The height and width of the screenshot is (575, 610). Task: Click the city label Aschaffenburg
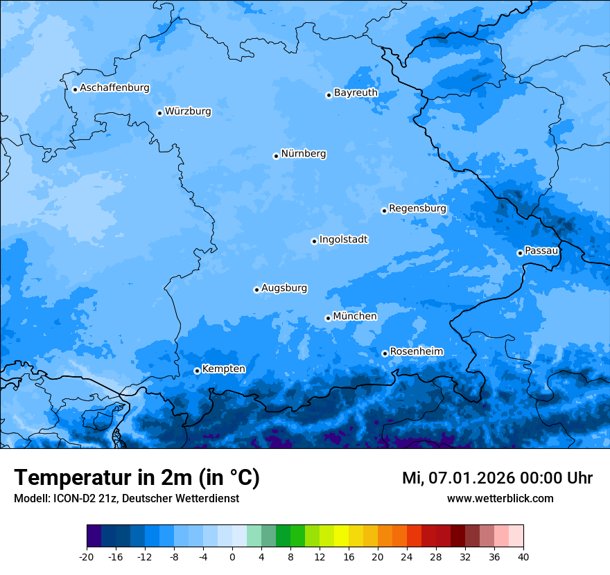pyautogui.click(x=114, y=88)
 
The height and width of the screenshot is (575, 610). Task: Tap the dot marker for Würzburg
pyautogui.click(x=159, y=113)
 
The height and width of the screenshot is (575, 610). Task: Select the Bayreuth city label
pyautogui.click(x=356, y=93)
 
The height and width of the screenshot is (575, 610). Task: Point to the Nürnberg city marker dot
pyautogui.click(x=276, y=156)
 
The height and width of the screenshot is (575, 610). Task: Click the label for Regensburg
pyautogui.click(x=417, y=209)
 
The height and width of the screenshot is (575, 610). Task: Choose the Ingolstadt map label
pyautogui.click(x=343, y=240)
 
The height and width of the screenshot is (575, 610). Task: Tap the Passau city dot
pyautogui.click(x=520, y=253)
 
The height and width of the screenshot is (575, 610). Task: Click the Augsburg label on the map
pyautogui.click(x=284, y=288)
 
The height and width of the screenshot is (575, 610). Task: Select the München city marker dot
pyautogui.click(x=328, y=318)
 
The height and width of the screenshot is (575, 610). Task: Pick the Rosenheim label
pyautogui.click(x=416, y=352)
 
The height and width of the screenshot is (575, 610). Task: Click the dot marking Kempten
pyautogui.click(x=197, y=371)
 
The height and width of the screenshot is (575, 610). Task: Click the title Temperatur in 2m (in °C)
pyautogui.click(x=137, y=477)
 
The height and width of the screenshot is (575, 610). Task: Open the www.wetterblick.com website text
pyautogui.click(x=500, y=499)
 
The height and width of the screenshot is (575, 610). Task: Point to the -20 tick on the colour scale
pyautogui.click(x=87, y=556)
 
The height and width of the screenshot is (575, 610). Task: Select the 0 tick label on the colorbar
pyautogui.click(x=232, y=556)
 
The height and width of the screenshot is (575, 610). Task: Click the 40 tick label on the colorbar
pyautogui.click(x=523, y=556)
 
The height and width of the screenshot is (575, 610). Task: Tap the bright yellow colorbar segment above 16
pyautogui.click(x=341, y=536)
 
